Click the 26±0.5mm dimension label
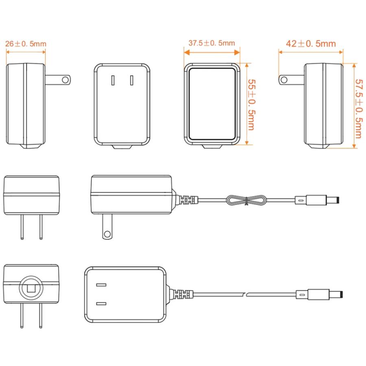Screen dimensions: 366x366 [26, 44]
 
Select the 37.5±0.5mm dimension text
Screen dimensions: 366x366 [212, 43]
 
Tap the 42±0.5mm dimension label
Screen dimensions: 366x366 [311, 44]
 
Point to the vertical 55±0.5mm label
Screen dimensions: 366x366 [252, 105]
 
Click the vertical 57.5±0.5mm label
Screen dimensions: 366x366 [359, 109]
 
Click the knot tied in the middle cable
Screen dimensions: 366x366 [246, 200]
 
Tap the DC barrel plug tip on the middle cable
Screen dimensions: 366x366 [333, 200]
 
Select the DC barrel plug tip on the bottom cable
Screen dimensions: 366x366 [336, 294]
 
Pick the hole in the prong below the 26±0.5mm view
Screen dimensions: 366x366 [65, 80]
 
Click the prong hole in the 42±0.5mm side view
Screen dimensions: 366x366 [284, 80]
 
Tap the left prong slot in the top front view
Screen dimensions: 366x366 [113, 80]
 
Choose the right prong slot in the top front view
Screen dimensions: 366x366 [132, 80]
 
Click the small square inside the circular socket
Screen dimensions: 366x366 [31, 288]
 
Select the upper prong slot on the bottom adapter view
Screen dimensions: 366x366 [101, 285]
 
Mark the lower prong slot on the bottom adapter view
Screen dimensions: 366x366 [101, 303]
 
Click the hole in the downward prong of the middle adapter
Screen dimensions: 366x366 [107, 234]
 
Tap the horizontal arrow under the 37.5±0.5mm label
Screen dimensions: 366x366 [212, 52]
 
